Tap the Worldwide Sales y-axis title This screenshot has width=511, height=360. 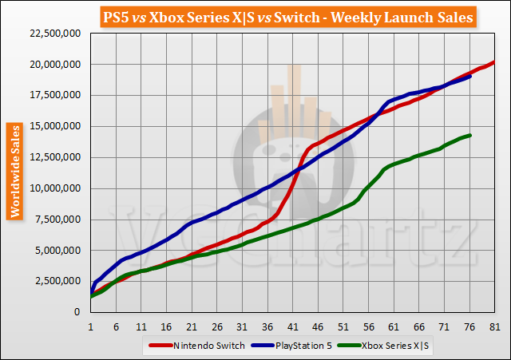(x=14, y=170)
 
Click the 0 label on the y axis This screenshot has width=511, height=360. (x=77, y=313)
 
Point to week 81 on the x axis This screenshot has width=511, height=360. (x=495, y=326)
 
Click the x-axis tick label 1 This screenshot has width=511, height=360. (x=91, y=326)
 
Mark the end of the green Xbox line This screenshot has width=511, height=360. (x=470, y=135)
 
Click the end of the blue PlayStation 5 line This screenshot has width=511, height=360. (x=470, y=77)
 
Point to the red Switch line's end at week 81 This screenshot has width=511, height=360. (x=495, y=62)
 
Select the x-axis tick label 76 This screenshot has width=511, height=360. (x=469, y=326)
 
